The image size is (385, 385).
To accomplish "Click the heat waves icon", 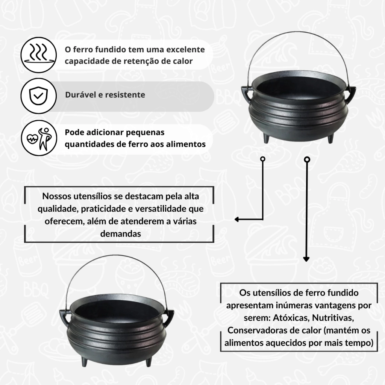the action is point(39,55).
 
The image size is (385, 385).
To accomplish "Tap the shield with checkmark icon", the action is point(39,96).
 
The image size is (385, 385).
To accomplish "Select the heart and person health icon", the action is point(39,138).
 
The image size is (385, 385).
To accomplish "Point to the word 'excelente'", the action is point(185,49).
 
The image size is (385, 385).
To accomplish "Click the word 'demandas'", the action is point(121,233).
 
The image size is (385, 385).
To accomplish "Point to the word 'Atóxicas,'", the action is point(291,318).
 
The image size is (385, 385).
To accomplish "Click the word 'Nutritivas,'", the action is point(333,318).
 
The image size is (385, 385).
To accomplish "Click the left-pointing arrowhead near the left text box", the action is point(237,219).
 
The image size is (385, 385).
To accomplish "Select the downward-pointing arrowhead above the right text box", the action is point(306,259).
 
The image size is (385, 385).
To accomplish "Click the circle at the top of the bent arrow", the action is point(263,159).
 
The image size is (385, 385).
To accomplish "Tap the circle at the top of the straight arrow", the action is point(307,160).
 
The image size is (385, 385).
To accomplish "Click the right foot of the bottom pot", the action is point(148,362).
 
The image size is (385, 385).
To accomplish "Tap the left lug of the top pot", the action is point(247,93).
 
